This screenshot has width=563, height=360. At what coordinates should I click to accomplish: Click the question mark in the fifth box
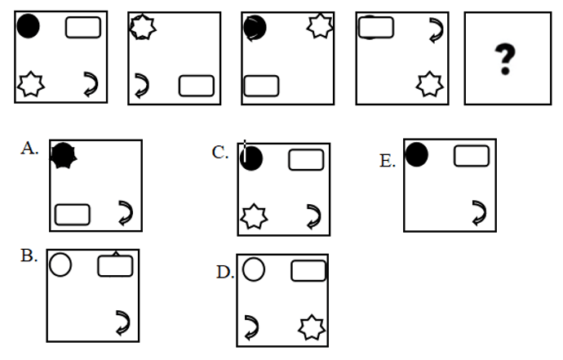(x=505, y=60)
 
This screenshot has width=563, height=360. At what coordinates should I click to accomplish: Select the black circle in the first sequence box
(x=28, y=26)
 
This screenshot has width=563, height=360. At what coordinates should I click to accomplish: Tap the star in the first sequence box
(x=31, y=84)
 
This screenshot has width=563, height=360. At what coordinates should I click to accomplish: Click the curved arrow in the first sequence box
(x=91, y=84)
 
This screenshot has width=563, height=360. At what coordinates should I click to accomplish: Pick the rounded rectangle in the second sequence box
(x=197, y=86)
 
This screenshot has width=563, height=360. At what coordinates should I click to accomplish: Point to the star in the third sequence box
(x=320, y=26)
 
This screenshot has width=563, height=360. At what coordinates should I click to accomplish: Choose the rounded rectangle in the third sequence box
(x=261, y=86)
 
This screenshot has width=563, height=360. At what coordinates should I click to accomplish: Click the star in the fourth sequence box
(x=429, y=84)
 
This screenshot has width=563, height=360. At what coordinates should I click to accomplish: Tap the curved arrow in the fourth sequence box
(x=437, y=30)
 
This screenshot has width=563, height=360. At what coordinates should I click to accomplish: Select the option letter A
(x=29, y=149)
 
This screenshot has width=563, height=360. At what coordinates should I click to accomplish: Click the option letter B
(x=29, y=256)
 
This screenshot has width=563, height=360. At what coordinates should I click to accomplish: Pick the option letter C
(x=220, y=153)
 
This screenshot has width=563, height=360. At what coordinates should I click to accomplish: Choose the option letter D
(x=225, y=273)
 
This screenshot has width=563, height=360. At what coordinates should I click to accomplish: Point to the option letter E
(x=388, y=161)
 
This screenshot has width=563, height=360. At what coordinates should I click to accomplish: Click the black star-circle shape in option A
(x=64, y=156)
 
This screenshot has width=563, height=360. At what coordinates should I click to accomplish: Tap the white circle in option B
(x=60, y=264)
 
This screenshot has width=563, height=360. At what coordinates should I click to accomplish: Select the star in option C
(x=254, y=216)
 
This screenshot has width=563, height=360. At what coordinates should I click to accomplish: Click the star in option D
(x=312, y=327)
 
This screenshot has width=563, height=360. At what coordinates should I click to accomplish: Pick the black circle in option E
(x=416, y=154)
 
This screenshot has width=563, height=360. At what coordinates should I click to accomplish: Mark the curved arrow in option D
(x=251, y=327)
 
